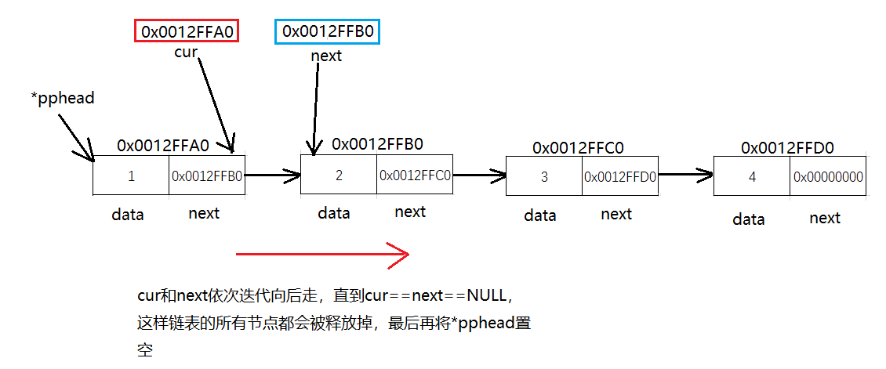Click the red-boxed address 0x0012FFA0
tap(187, 31)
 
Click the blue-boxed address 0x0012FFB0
tap(327, 31)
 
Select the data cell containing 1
tap(131, 176)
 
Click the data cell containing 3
tap(544, 176)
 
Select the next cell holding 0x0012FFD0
tap(619, 176)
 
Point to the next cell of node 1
tap(207, 176)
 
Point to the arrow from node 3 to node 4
tap(685, 173)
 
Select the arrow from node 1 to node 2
tap(273, 174)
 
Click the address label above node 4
tap(787, 147)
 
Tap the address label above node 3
tap(578, 147)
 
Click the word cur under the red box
tap(186, 53)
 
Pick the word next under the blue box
tap(326, 56)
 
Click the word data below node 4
tap(748, 219)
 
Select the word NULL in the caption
tap(488, 295)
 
